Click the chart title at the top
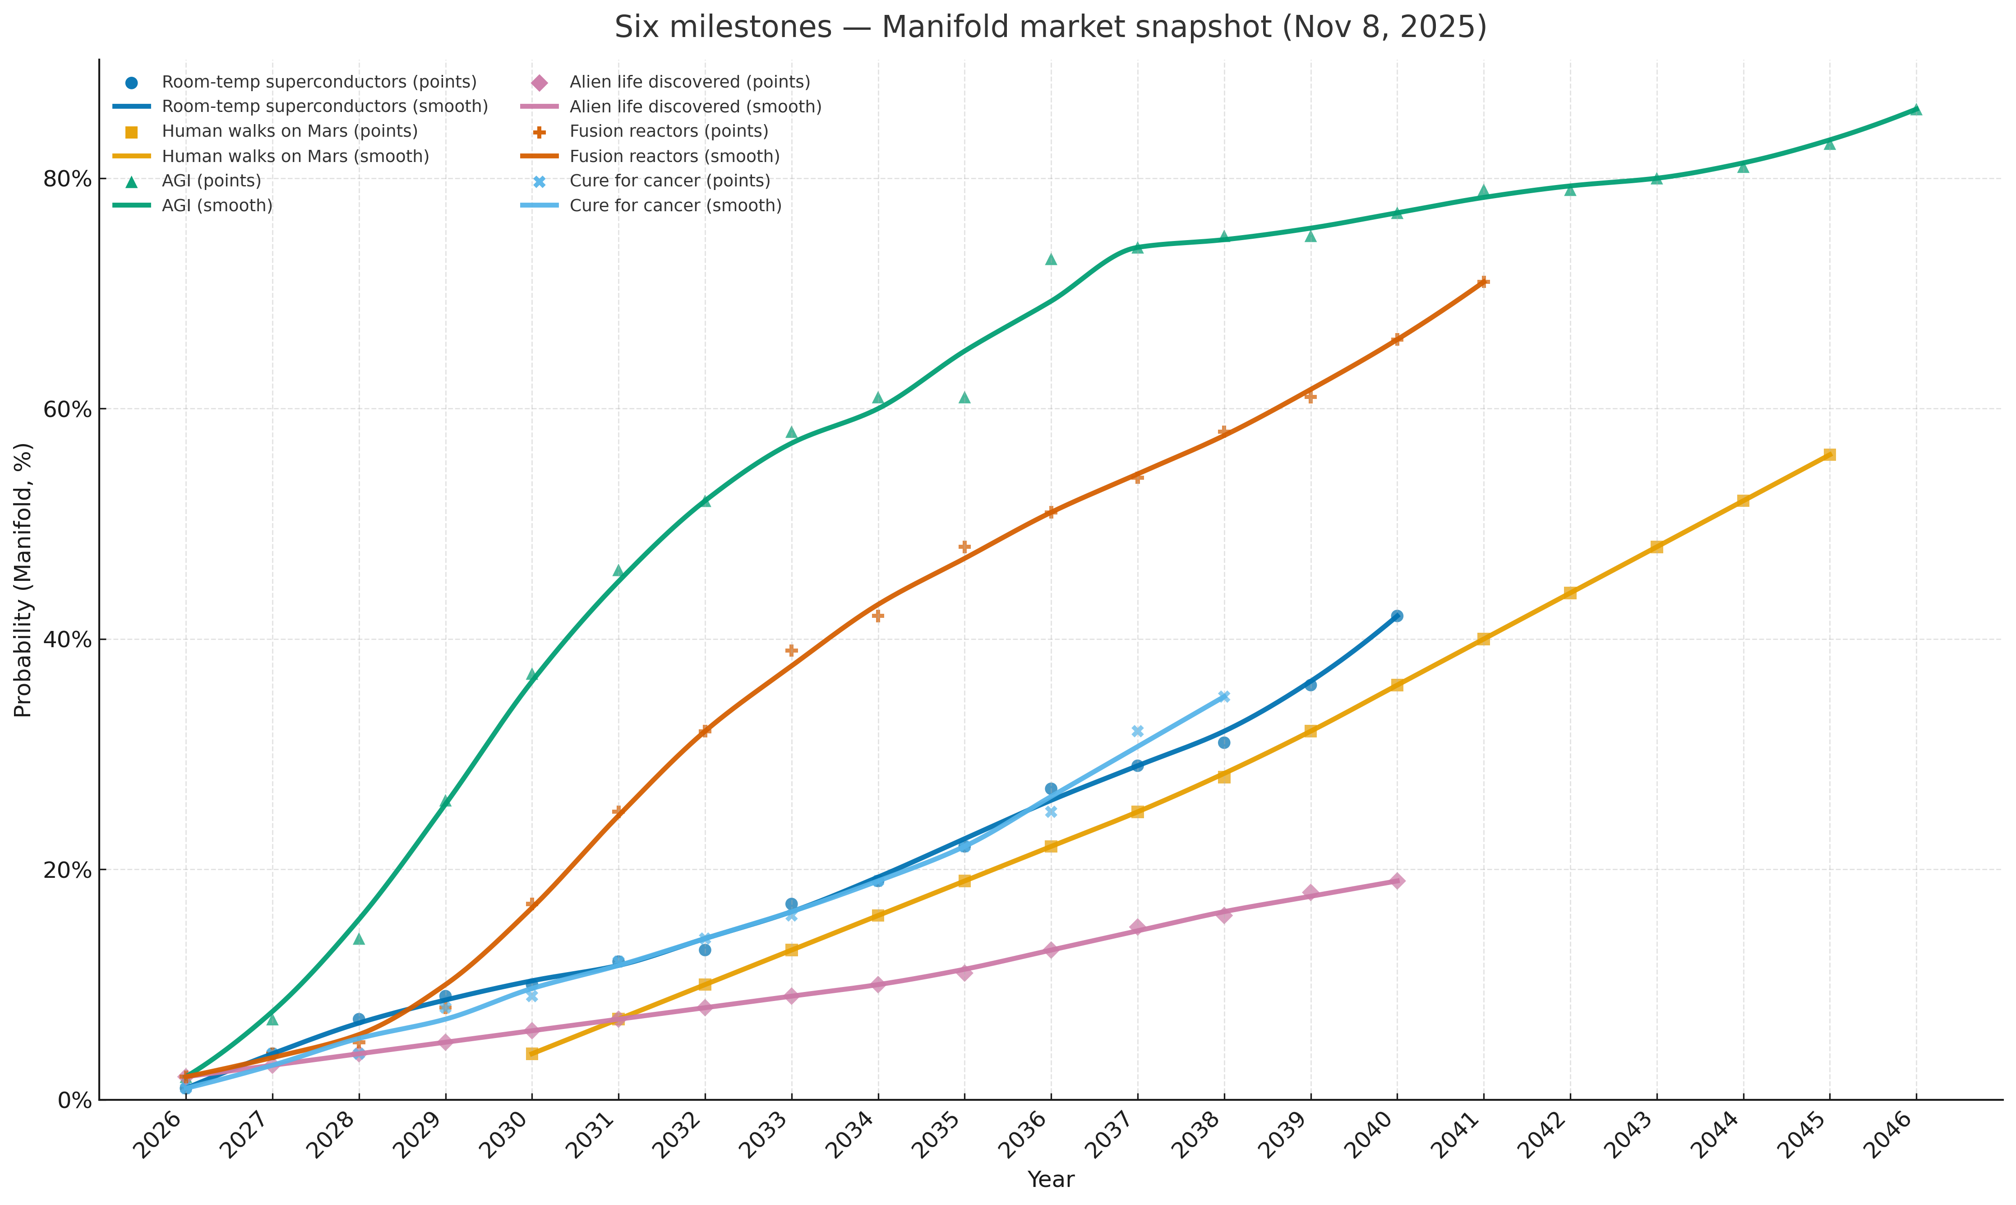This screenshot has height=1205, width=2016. point(1050,28)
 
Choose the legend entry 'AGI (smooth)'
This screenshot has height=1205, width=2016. point(217,205)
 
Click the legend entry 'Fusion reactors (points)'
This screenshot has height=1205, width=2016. point(668,131)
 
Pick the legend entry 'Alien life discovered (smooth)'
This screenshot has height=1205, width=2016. point(695,107)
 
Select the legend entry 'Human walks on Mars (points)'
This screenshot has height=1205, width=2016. point(289,131)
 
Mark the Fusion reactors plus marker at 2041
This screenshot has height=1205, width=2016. point(1483,282)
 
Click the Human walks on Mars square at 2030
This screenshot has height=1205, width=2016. point(531,1054)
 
